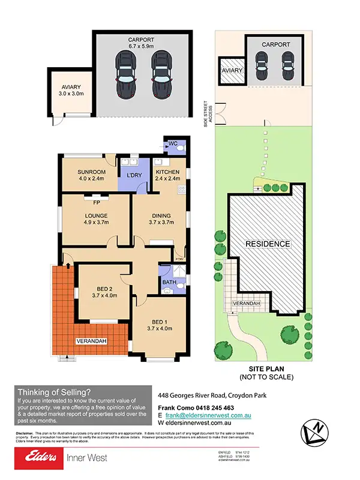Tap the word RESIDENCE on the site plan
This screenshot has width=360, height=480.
click(268, 244)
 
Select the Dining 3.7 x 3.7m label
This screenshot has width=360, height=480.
click(161, 219)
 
